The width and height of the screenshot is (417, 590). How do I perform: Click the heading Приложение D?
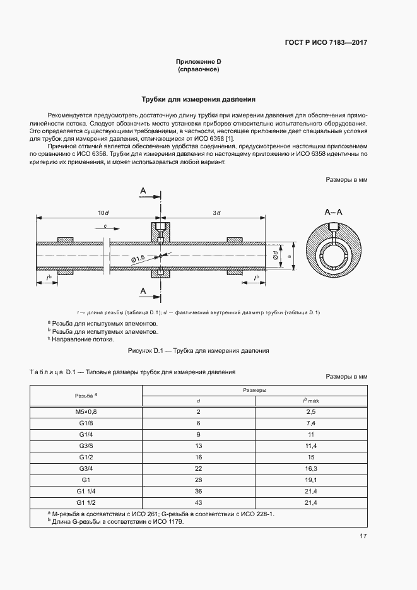(199, 61)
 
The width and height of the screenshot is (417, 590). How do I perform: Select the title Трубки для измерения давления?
(199, 100)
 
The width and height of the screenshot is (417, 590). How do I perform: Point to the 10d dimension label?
(103, 213)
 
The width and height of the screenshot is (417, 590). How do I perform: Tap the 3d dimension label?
(216, 213)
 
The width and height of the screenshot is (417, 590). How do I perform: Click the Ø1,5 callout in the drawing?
(139, 257)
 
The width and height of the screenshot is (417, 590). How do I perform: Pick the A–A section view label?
(333, 212)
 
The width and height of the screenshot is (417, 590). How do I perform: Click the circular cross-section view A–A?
(333, 254)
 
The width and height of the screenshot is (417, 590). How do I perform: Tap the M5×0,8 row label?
(86, 411)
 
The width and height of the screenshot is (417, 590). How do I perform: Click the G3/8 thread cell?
(86, 445)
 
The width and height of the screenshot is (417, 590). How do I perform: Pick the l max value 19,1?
(310, 480)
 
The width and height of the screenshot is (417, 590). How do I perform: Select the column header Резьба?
(86, 395)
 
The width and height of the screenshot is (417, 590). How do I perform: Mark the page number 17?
(363, 536)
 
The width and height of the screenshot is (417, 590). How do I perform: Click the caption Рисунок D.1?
(199, 350)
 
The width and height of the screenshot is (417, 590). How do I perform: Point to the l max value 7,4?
(310, 423)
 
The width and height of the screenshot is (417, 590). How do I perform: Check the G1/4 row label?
(86, 434)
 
